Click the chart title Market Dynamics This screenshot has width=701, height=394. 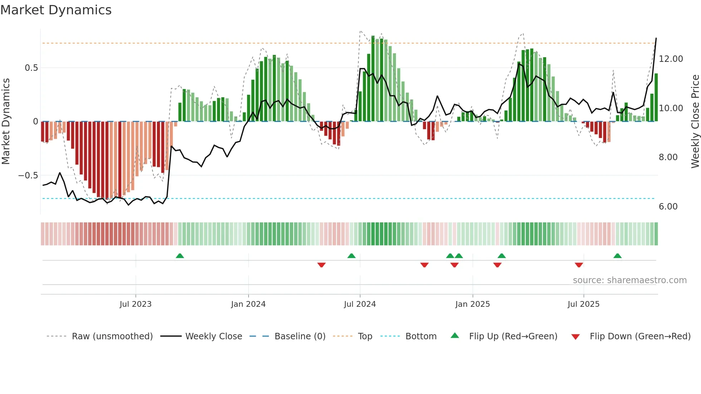tap(56, 10)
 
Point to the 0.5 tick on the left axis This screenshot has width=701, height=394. tap(31, 68)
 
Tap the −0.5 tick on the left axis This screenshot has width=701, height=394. tap(28, 176)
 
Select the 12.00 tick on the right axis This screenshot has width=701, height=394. tap(671, 59)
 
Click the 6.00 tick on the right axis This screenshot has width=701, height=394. tap(668, 207)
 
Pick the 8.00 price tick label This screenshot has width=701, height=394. tap(668, 157)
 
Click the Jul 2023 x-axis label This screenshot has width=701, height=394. tap(136, 304)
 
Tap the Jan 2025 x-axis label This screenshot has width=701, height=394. tap(472, 304)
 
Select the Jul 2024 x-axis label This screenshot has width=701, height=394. tap(360, 304)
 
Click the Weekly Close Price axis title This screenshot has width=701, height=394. tap(695, 122)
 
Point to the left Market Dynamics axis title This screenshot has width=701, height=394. tap(6, 122)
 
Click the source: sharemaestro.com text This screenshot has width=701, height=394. tap(629, 280)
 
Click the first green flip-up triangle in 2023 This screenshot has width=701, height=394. tap(180, 256)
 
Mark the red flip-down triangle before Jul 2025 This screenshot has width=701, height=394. tap(579, 265)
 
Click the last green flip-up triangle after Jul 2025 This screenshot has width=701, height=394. tap(617, 256)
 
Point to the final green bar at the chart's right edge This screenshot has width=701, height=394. tap(656, 97)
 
